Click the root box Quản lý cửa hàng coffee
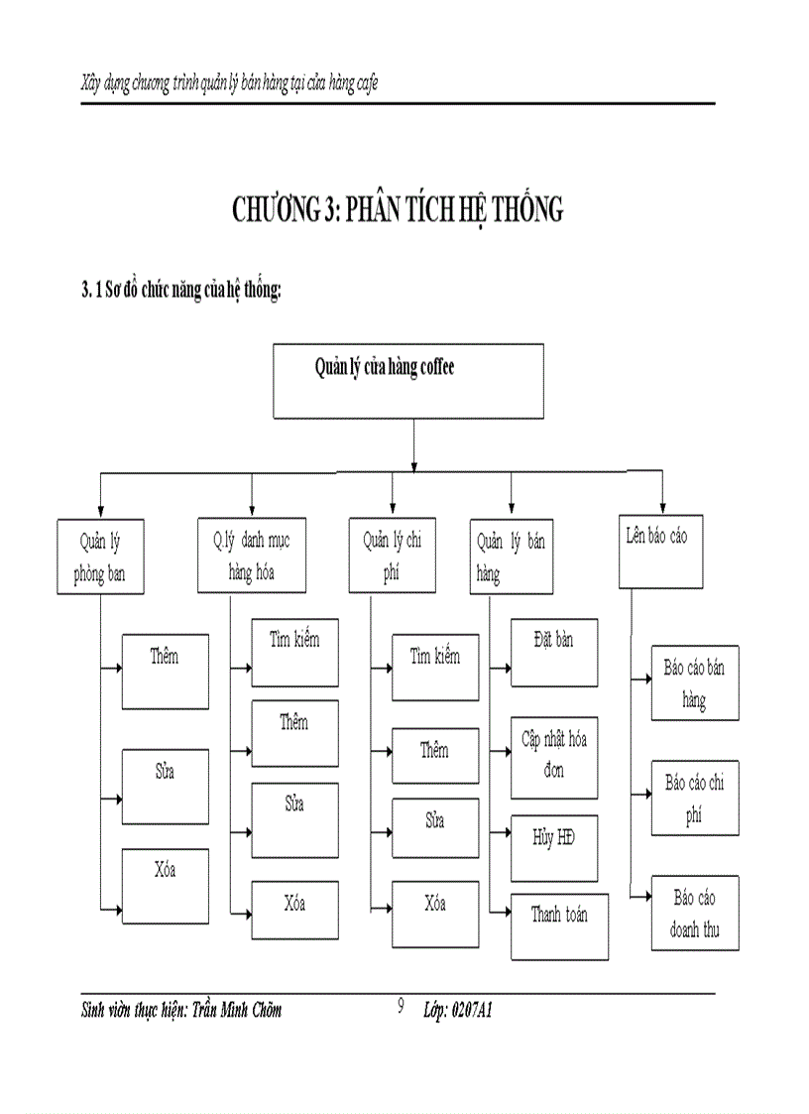[407, 380]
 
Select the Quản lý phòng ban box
[100, 557]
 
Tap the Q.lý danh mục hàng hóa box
[251, 556]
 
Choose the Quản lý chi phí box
[392, 556]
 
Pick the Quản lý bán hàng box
[510, 557]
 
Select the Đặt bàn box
[553, 652]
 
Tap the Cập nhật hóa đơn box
[553, 756]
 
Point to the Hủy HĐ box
[553, 847]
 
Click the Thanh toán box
[558, 926]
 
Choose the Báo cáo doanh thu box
[694, 913]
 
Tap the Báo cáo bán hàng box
[694, 682]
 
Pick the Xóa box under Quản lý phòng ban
[165, 886]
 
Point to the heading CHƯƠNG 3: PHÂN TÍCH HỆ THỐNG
[398, 210]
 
